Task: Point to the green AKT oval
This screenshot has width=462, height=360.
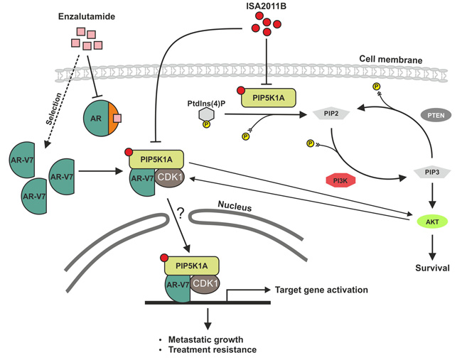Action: point(431,222)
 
